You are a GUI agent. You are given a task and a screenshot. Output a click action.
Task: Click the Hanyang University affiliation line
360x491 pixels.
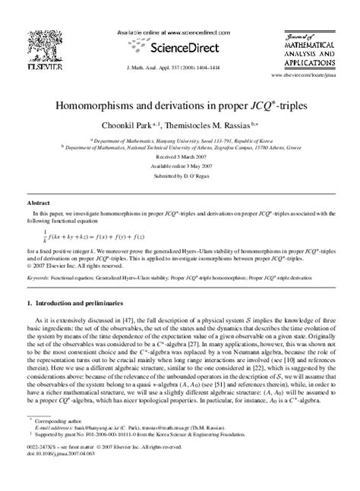click(179, 140)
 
